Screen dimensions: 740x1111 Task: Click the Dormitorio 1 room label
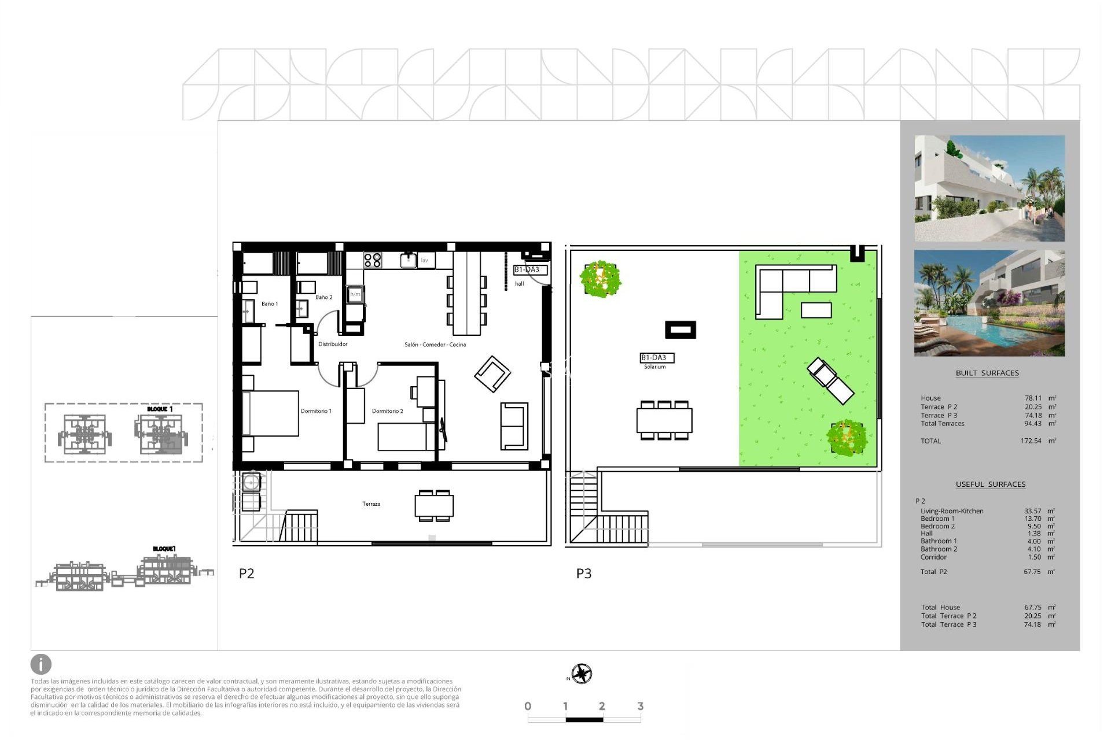316,411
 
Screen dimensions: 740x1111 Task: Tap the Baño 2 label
323,297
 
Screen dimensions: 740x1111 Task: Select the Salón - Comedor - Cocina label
435,345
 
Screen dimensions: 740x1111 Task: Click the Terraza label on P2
371,504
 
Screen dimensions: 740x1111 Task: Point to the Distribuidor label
333,344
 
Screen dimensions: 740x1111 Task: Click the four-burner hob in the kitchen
373,260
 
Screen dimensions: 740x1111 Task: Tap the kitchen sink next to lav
409,261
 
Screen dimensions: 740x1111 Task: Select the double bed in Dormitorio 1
270,413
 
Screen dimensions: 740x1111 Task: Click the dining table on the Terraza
434,506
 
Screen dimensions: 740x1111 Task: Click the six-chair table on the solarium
664,420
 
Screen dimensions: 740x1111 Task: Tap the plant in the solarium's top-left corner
601,279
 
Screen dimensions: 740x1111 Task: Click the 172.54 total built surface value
1031,441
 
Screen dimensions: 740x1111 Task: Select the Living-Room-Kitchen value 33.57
1032,511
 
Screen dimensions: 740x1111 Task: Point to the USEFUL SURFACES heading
990,484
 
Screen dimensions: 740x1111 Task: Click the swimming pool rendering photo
989,303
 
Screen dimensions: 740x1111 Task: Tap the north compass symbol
582,674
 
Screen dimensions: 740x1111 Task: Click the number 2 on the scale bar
602,706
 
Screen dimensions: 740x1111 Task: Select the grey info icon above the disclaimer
41,664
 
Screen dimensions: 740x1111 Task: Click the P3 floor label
583,573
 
